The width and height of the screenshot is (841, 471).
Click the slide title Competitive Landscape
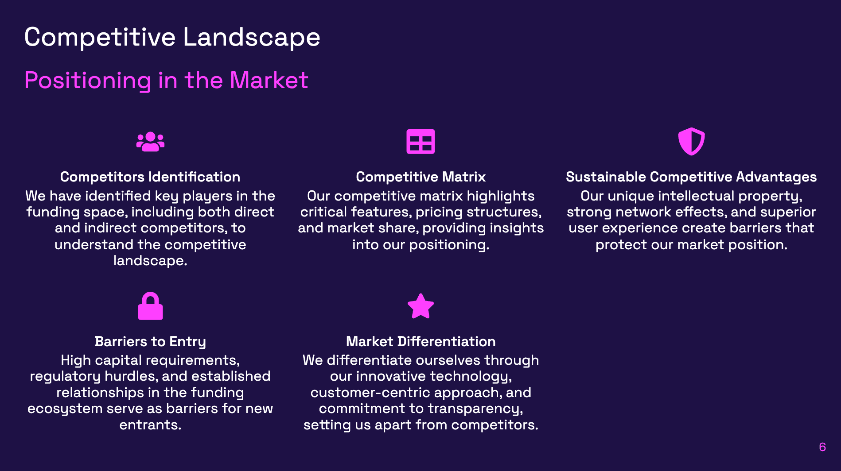pos(172,37)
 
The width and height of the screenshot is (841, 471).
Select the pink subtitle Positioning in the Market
pos(166,81)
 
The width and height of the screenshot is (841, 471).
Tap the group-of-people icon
pos(150,142)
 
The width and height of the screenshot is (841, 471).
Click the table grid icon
pos(420,142)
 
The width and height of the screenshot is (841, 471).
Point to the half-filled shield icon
pos(691,142)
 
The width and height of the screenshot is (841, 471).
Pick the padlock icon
pos(150,306)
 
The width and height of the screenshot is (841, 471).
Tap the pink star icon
pos(420,306)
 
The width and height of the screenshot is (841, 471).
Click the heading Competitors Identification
pos(150,177)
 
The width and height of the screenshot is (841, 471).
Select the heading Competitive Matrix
pos(420,177)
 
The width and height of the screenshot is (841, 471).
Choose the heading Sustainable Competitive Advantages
pos(691,177)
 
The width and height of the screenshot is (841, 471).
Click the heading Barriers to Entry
pos(150,342)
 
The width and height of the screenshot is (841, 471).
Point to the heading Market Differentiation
pos(420,342)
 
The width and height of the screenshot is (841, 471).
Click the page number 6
pos(822,447)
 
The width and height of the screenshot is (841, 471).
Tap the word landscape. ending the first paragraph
pos(150,261)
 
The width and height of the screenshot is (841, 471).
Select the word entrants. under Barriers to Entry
pos(150,425)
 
